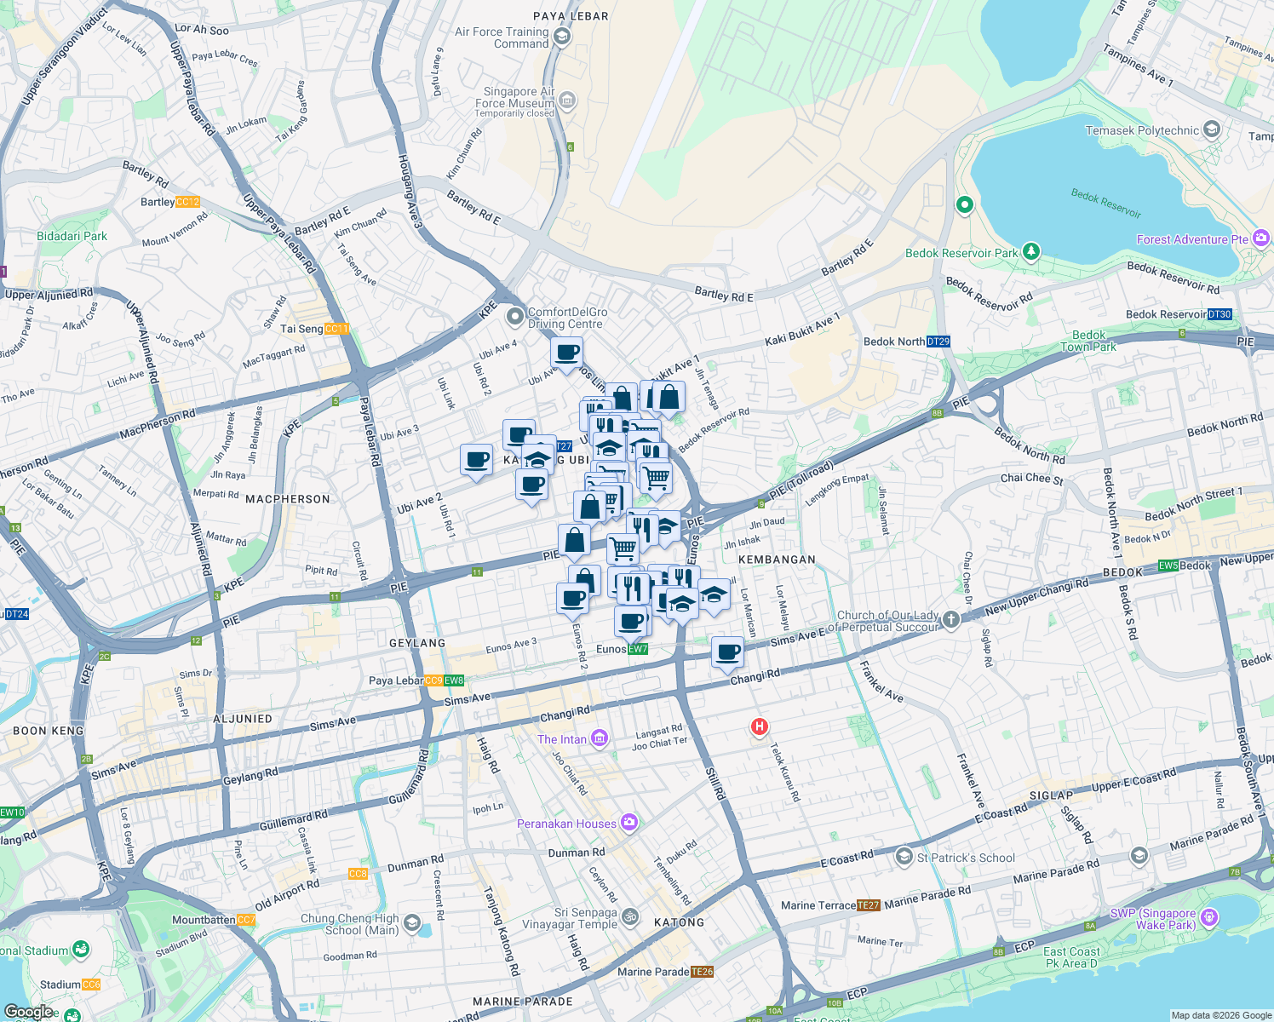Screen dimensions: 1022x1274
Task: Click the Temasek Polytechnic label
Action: coord(1142,130)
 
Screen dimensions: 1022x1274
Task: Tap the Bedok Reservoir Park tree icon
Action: coord(1031,251)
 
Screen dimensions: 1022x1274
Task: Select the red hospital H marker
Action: coord(759,726)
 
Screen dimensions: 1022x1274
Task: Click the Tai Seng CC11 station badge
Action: coord(336,329)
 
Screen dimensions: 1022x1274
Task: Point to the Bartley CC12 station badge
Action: coord(187,202)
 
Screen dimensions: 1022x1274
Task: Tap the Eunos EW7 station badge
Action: coord(638,649)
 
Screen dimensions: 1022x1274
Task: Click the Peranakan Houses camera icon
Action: coord(629,823)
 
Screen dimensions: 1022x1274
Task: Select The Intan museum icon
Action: coord(600,738)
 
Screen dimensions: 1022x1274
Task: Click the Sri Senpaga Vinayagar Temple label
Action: coord(569,918)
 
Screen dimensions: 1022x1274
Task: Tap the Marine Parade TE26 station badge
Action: coord(703,972)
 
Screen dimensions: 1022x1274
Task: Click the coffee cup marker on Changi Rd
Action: coord(727,653)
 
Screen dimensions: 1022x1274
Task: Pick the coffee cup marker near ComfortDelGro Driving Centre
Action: coord(566,353)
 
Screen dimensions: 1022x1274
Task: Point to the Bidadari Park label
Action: coord(72,236)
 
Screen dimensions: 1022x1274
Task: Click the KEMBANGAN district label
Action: coord(777,560)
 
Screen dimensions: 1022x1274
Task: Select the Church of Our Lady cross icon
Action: coord(951,620)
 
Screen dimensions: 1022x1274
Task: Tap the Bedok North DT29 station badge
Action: coord(938,342)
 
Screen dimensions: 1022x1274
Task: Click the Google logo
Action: coord(28,1012)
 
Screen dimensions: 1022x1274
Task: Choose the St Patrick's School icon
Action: coord(904,857)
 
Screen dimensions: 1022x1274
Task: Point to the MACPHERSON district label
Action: coord(287,499)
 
